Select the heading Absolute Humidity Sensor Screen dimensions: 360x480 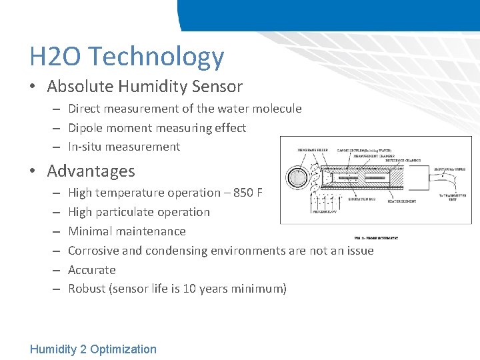pos(145,87)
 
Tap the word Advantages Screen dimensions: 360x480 pos(91,171)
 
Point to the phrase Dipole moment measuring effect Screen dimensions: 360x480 pos(157,127)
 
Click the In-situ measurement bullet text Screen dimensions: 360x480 pos(124,147)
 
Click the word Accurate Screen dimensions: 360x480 pos(92,270)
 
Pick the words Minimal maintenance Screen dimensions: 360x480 pos(127,231)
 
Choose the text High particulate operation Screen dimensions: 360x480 pos(139,212)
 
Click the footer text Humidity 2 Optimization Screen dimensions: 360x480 pos(93,349)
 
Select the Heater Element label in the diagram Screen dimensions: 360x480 pos(401,201)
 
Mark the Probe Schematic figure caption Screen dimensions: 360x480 pos(376,238)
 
